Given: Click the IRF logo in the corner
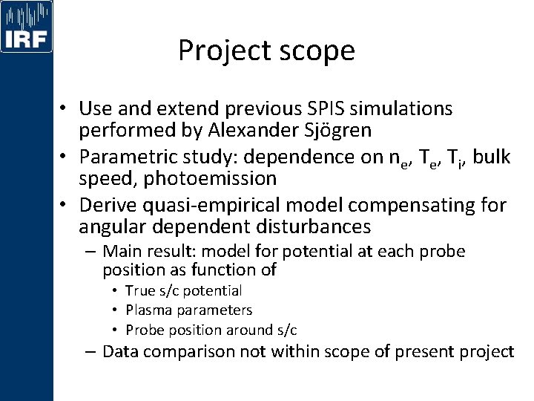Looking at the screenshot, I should tap(27, 27).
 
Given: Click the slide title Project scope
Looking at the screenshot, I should tap(266, 50).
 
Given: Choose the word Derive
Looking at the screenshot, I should tap(105, 204).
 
